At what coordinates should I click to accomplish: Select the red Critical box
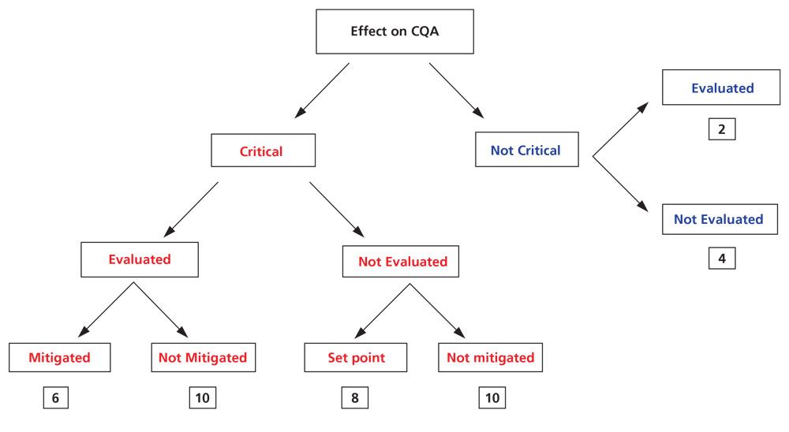click(263, 151)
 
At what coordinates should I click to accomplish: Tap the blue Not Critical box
click(526, 150)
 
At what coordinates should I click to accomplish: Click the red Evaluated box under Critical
click(139, 259)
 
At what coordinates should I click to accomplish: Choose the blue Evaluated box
click(722, 88)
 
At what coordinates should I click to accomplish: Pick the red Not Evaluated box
click(402, 261)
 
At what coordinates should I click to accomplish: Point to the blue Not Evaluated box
click(718, 219)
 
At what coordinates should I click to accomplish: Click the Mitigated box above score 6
click(59, 357)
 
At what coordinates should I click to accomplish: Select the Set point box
click(357, 357)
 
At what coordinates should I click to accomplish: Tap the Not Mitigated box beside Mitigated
click(202, 357)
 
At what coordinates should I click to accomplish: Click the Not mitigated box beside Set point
click(490, 357)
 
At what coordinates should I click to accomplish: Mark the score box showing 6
click(55, 398)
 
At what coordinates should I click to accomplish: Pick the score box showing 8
click(354, 398)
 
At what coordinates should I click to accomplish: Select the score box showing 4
click(721, 258)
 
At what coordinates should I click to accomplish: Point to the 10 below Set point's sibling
click(492, 398)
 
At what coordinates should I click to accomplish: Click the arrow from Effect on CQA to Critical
click(322, 91)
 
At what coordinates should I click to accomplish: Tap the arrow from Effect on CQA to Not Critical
click(458, 91)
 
